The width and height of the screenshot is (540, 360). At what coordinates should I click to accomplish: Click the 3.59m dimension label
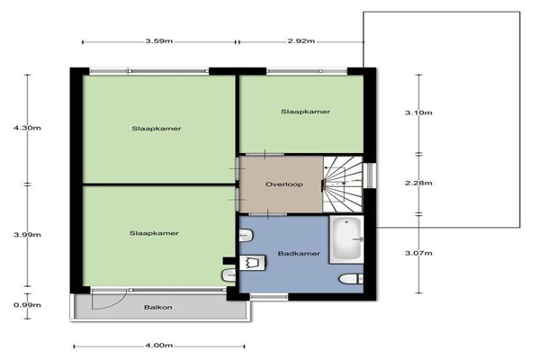pos(159,41)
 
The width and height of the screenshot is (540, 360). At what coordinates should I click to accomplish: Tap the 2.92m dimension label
pos(301,41)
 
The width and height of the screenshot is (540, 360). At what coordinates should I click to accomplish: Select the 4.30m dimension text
pos(27,128)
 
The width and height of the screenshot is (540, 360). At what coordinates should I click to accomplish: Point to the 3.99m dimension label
pos(27,235)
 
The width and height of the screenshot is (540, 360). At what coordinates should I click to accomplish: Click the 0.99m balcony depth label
pos(27,305)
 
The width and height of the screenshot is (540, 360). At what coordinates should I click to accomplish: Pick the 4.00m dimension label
pos(159,346)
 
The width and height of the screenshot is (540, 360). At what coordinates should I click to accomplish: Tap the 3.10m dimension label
pos(418,113)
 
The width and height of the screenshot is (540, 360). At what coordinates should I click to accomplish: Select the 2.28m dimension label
pos(418,184)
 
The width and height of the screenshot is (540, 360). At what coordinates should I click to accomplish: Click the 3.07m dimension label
pos(418,254)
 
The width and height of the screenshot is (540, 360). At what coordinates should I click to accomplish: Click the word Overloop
pos(284,184)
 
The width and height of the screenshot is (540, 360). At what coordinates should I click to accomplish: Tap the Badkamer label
pos(299,254)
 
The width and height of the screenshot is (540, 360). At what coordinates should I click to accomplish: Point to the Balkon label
pos(158,308)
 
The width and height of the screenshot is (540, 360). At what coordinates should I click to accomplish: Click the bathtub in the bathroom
pos(346,239)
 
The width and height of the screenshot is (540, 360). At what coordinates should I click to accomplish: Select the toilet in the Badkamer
pos(351,279)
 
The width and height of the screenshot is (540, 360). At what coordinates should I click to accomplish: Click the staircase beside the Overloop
pos(343,184)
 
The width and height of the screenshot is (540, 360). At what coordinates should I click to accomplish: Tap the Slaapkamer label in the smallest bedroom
pos(305,112)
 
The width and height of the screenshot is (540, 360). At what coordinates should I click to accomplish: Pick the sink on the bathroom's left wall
pos(247,236)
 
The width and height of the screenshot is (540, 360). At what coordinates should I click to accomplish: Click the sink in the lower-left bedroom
pos(229,275)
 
